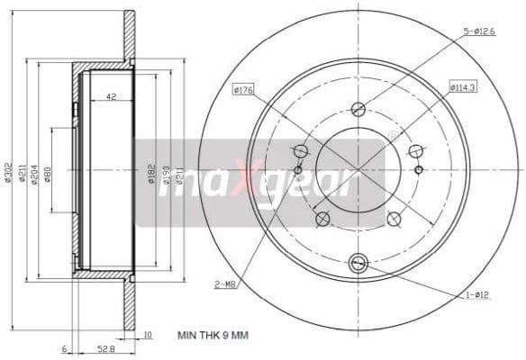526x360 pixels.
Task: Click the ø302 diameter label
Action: tap(7, 172)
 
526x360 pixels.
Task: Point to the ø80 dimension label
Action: tap(48, 172)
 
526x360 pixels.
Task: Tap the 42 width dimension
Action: tap(111, 96)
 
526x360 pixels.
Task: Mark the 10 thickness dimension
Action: tap(148, 335)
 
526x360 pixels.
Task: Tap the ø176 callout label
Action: tap(244, 88)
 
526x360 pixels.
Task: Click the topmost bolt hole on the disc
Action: tap(358, 107)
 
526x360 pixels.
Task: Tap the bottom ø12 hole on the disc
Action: tap(358, 263)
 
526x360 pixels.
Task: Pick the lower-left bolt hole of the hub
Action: tap(322, 218)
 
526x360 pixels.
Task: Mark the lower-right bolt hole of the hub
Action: tap(393, 218)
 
